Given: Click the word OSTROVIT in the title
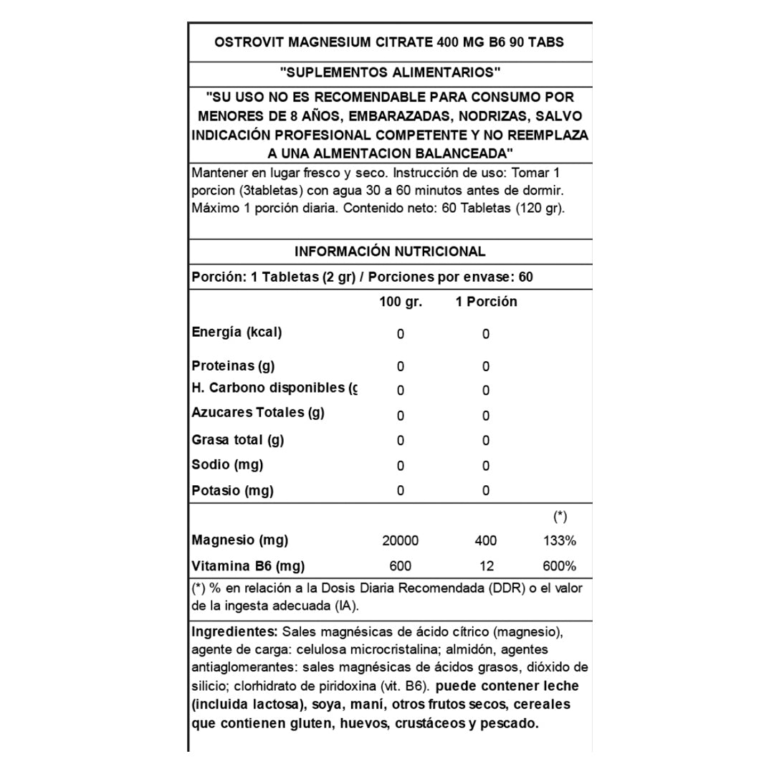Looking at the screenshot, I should click(x=249, y=42).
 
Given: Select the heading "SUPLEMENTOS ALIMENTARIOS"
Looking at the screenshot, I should click(x=390, y=72).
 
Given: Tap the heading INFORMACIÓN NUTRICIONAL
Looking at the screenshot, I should click(x=390, y=252).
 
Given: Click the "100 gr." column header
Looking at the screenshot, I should click(x=401, y=302).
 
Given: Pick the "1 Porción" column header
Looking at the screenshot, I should click(x=486, y=302).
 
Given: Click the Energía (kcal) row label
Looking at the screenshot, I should click(x=237, y=333).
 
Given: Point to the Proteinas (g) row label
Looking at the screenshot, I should click(x=234, y=366).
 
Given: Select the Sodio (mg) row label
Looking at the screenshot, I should click(x=228, y=464).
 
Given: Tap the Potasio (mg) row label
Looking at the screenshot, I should click(x=233, y=491).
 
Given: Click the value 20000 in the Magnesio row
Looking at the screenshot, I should click(x=401, y=540).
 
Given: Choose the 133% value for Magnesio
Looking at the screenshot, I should click(x=559, y=540).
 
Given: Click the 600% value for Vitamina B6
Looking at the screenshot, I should click(x=559, y=566).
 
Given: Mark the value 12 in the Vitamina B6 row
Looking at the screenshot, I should click(x=487, y=566).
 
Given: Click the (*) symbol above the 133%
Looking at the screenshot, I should click(x=560, y=516).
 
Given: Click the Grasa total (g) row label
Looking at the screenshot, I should click(x=238, y=439).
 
